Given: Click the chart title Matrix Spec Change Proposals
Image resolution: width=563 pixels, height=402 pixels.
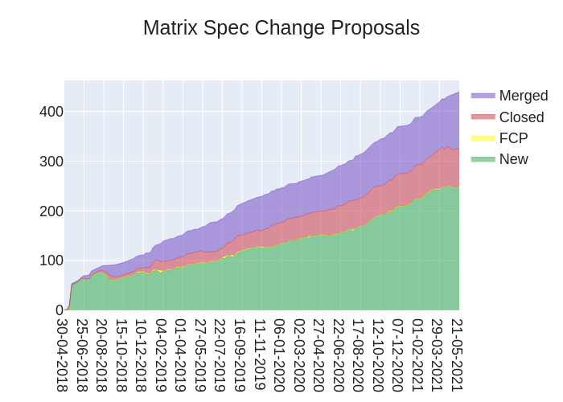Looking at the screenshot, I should [281, 28].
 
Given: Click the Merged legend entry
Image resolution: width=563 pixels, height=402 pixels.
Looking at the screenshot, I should [523, 96].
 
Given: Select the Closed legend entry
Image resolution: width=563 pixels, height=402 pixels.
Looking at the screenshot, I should [521, 117].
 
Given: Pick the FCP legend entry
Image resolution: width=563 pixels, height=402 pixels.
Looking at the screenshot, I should [513, 138].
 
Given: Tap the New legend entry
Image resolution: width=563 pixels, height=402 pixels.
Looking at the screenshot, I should [513, 159].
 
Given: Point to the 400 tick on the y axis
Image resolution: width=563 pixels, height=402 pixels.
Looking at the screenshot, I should [51, 112].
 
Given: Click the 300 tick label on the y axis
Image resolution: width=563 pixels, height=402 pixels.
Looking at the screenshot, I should [51, 162].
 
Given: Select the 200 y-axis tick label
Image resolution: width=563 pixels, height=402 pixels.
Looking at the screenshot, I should [51, 211].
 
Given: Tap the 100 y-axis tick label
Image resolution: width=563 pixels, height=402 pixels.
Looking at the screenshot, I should [51, 260].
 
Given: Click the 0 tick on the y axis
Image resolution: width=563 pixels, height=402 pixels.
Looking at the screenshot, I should [59, 310].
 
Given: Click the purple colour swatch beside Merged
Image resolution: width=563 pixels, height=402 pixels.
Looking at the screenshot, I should [483, 96].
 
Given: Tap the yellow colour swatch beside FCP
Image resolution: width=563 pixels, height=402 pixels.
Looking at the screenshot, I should [483, 138].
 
